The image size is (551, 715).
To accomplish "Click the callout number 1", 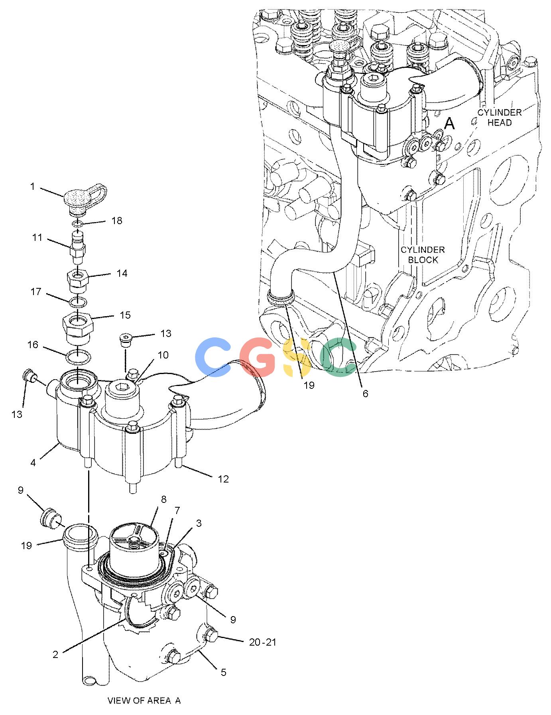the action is pos(33,187).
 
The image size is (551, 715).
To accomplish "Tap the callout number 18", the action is pos(117,221).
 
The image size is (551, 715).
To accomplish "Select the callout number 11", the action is pos(37,238).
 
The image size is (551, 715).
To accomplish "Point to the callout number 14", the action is pos(122,273).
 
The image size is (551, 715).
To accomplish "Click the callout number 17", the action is pos(36,292).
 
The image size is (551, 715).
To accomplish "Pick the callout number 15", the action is pos(125,315).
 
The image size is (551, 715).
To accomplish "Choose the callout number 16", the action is pos(33,345).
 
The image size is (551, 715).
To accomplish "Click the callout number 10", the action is pos(163,355).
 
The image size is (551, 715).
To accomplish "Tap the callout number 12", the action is pos(223,479).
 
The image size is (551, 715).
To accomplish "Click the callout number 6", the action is pos(365,394).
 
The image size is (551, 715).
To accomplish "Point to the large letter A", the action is pos(449,124).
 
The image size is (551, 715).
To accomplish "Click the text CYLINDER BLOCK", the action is pos(422,255).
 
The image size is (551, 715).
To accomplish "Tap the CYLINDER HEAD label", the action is pos(500,117).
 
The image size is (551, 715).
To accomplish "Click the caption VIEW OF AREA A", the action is pos(144,701).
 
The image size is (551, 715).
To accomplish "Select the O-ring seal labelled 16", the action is pos(77,357).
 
